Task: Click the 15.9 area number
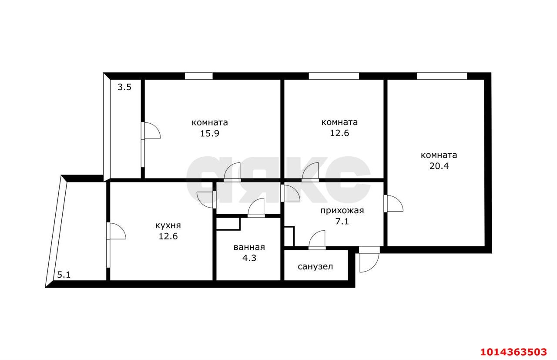pos(209,134)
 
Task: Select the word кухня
pos(168,225)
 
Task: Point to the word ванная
pos(249,247)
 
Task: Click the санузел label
pos(315,266)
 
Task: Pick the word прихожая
pos(342,211)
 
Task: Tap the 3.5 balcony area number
pos(124,87)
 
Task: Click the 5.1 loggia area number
pos(64,275)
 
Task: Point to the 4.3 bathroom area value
pos(249,258)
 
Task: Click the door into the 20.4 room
pos(393,203)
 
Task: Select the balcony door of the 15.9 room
pos(151,131)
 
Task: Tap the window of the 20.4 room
pos(441,76)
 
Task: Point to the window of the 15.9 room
pos(198,76)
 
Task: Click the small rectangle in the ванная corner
pos(228,223)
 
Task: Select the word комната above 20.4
pos(439,155)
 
